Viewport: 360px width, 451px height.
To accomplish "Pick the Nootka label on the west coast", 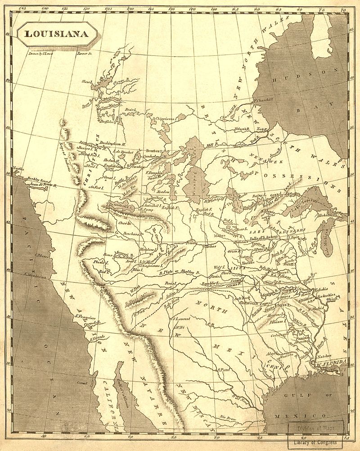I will [18, 169].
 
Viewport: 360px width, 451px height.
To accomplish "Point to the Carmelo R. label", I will [90, 323].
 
